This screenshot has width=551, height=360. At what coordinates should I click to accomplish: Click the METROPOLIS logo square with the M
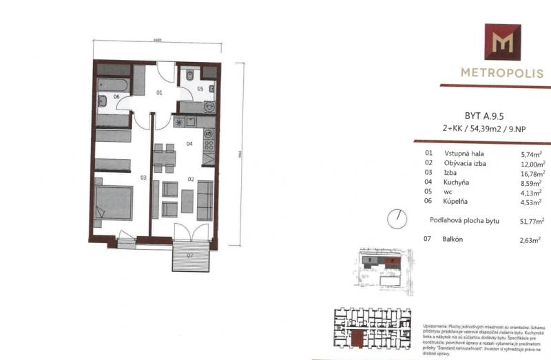tap(502, 42)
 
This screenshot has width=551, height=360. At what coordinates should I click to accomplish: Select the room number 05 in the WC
tap(200, 89)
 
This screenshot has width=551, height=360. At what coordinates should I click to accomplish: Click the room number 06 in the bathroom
tap(117, 97)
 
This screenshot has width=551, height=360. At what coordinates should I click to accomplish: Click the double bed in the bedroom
tap(114, 203)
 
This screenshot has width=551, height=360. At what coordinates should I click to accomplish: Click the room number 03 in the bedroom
tap(144, 178)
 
